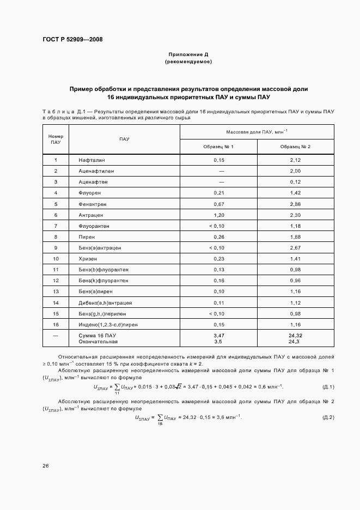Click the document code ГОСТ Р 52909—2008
tap(72, 39)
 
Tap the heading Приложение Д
tap(188, 55)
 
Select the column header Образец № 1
tap(218, 147)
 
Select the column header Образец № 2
tap(295, 147)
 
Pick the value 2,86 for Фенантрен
tap(295, 204)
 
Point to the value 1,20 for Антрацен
tap(218, 215)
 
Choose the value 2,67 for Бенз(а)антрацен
tap(295, 248)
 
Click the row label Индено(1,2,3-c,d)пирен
tap(101, 325)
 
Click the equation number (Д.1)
tap(328, 387)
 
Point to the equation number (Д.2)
tap(328, 417)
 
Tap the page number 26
tap(46, 466)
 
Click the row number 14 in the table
tap(56, 303)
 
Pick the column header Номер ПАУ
tap(56, 139)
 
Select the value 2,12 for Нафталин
tap(295, 160)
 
